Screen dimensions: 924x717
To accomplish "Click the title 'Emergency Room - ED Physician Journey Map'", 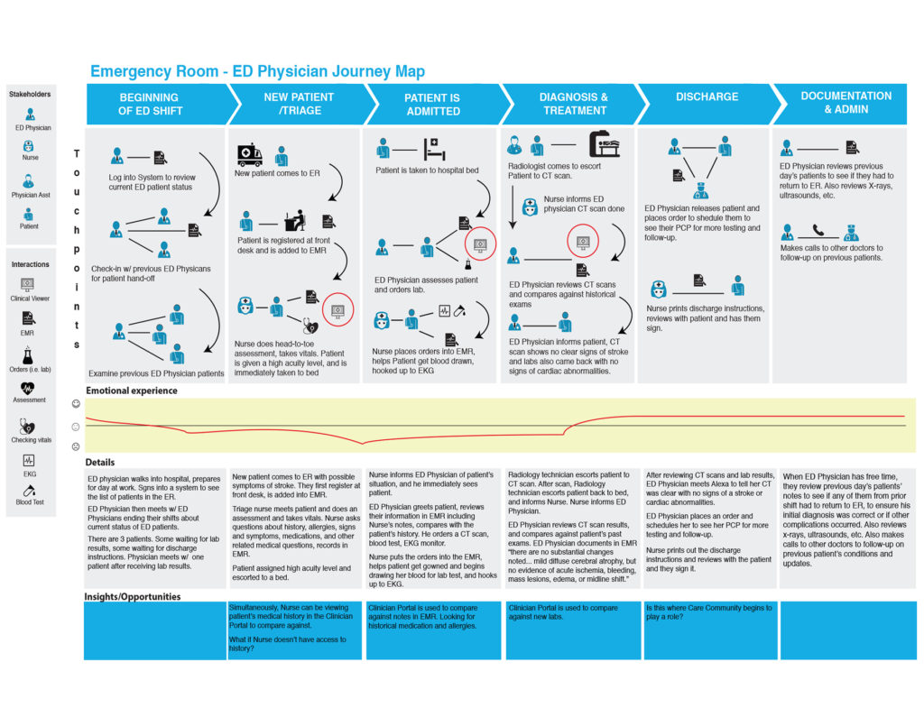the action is tap(257, 71).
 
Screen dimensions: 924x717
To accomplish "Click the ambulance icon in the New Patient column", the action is tap(250, 154).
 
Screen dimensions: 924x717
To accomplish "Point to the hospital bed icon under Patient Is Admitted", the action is tap(434, 149).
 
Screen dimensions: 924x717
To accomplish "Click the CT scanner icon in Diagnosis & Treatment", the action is tap(604, 144).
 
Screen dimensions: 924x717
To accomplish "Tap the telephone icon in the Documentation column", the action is tap(818, 230).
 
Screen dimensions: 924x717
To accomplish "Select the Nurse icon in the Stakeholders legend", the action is tap(28, 146).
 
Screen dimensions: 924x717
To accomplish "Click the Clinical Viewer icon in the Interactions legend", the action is tap(27, 285).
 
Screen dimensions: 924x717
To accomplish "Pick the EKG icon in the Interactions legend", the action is tap(28, 460).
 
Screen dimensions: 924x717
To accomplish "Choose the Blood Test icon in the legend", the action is tap(29, 491).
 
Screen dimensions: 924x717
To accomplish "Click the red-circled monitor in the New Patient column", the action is tap(337, 310).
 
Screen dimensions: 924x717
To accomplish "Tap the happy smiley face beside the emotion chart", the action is tap(76, 403).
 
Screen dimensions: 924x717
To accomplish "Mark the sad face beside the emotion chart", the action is tap(76, 446).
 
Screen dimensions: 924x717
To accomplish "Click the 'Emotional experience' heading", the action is tap(132, 391).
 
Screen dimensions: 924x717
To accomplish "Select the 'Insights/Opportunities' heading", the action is tap(132, 596).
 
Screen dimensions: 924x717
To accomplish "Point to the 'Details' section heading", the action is tap(99, 463).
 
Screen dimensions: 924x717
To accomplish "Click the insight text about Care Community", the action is tap(708, 612).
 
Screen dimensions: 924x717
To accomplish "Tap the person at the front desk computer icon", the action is tap(295, 220).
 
